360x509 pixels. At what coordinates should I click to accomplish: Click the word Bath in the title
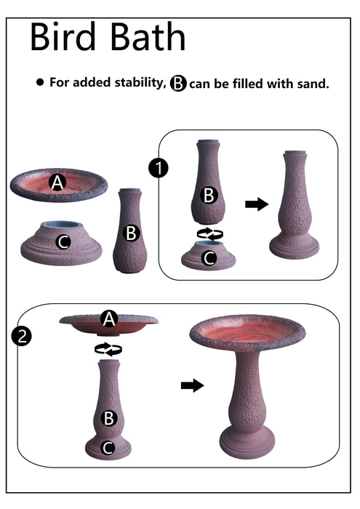coord(148,38)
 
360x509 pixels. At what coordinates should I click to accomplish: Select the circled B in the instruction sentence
coord(178,83)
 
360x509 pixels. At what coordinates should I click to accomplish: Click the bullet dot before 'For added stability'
coord(40,83)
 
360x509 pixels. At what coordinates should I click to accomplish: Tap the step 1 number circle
coord(158,168)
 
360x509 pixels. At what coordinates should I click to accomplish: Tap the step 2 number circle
coord(23,336)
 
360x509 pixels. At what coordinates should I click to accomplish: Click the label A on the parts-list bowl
coord(57,184)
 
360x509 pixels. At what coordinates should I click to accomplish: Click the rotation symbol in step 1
coord(210,233)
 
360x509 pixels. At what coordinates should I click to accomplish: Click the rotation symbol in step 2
coord(108,349)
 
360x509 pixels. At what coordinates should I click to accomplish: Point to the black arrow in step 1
coord(257,204)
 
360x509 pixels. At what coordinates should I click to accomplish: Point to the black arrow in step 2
coord(192,385)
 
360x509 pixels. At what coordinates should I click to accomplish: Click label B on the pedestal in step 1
coord(209,195)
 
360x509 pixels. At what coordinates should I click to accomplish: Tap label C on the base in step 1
coord(209,257)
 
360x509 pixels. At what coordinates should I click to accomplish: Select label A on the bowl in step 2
coord(108,318)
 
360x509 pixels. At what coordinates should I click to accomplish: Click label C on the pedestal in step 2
coord(108,447)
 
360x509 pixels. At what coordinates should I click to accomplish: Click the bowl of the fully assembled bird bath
coord(247,334)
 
